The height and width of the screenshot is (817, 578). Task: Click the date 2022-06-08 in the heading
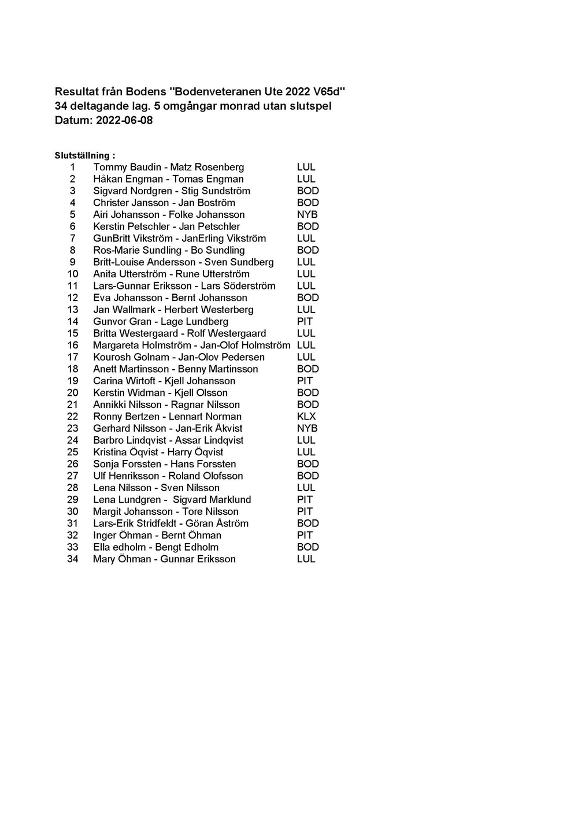(124, 121)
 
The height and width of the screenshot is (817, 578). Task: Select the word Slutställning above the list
(81, 155)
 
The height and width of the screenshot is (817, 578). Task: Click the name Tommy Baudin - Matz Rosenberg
(168, 167)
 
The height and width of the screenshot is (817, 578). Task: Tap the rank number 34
(72, 559)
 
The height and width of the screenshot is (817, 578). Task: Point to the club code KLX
(306, 416)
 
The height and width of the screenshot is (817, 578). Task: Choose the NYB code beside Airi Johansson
(307, 214)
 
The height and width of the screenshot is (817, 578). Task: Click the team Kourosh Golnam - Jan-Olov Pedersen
(179, 357)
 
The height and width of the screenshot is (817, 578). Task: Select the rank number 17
(72, 357)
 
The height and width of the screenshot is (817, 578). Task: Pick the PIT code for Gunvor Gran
(305, 321)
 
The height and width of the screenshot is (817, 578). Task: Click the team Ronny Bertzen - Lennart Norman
(167, 416)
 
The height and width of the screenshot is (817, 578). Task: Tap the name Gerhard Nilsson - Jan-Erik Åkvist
(168, 428)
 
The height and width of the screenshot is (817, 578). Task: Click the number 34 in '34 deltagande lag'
(61, 106)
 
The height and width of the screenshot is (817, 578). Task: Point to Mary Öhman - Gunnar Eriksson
(164, 559)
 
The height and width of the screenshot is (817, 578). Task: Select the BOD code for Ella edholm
(307, 547)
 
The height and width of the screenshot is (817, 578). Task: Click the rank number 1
(73, 167)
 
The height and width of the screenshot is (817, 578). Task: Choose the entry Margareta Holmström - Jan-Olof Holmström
(191, 345)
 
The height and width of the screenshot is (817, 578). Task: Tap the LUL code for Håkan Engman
(306, 179)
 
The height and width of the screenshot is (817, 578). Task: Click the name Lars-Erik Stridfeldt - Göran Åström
(171, 523)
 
